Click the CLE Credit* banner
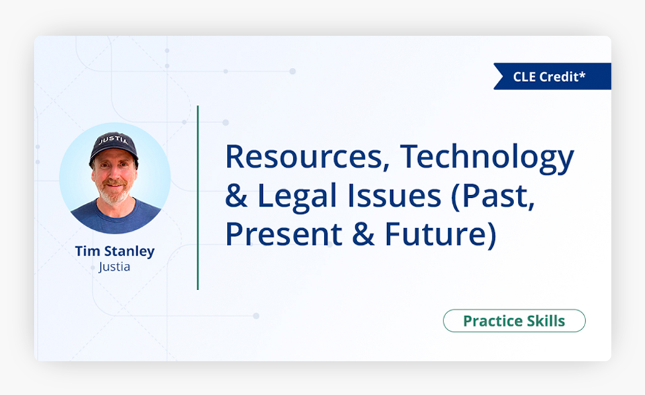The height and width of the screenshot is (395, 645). (552, 76)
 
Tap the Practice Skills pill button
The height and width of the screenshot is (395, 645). (514, 321)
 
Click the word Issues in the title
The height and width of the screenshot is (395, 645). (394, 196)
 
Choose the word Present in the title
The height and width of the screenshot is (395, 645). (284, 234)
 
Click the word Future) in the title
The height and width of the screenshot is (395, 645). (441, 235)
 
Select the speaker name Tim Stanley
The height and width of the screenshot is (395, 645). (115, 251)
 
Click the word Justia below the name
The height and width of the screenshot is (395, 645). (114, 267)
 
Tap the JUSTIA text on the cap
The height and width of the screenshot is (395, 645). (114, 140)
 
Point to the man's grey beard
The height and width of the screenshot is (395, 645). (114, 194)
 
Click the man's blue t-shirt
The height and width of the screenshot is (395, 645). (115, 217)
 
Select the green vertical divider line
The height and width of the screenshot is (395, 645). (198, 198)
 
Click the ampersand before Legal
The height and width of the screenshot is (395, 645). (236, 196)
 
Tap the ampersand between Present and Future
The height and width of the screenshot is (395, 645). (363, 234)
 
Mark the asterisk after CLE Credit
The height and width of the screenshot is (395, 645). (582, 74)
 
